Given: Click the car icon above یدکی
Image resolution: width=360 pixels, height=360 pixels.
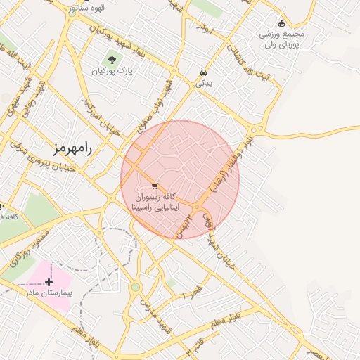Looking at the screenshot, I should (202, 73).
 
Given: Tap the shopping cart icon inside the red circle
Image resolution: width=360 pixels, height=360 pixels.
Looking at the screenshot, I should (154, 186).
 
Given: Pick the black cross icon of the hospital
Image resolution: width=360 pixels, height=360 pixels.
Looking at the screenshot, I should (48, 281).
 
